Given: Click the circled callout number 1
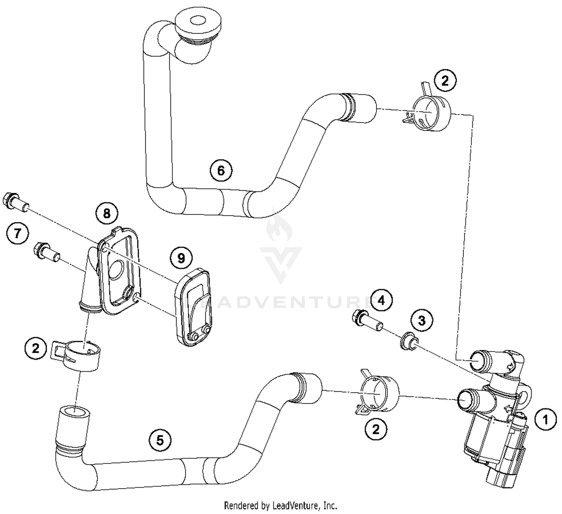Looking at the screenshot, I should point(546,420).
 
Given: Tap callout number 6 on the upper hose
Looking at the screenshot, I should point(221,170).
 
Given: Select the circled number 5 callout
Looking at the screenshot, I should point(160,440).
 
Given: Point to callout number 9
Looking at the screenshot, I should point(181,258).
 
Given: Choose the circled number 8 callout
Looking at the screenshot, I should point(107,213).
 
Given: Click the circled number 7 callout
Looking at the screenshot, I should point(17,234).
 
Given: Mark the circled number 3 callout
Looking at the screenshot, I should point(421,320).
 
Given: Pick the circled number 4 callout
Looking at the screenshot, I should point(381,300).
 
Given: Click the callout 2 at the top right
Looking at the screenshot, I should point(445,81).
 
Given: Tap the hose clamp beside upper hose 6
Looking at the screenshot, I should point(429,112).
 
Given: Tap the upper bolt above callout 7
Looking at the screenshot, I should point(15,202).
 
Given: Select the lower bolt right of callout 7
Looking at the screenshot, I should point(46,252).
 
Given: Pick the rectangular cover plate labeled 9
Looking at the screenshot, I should point(193,307).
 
